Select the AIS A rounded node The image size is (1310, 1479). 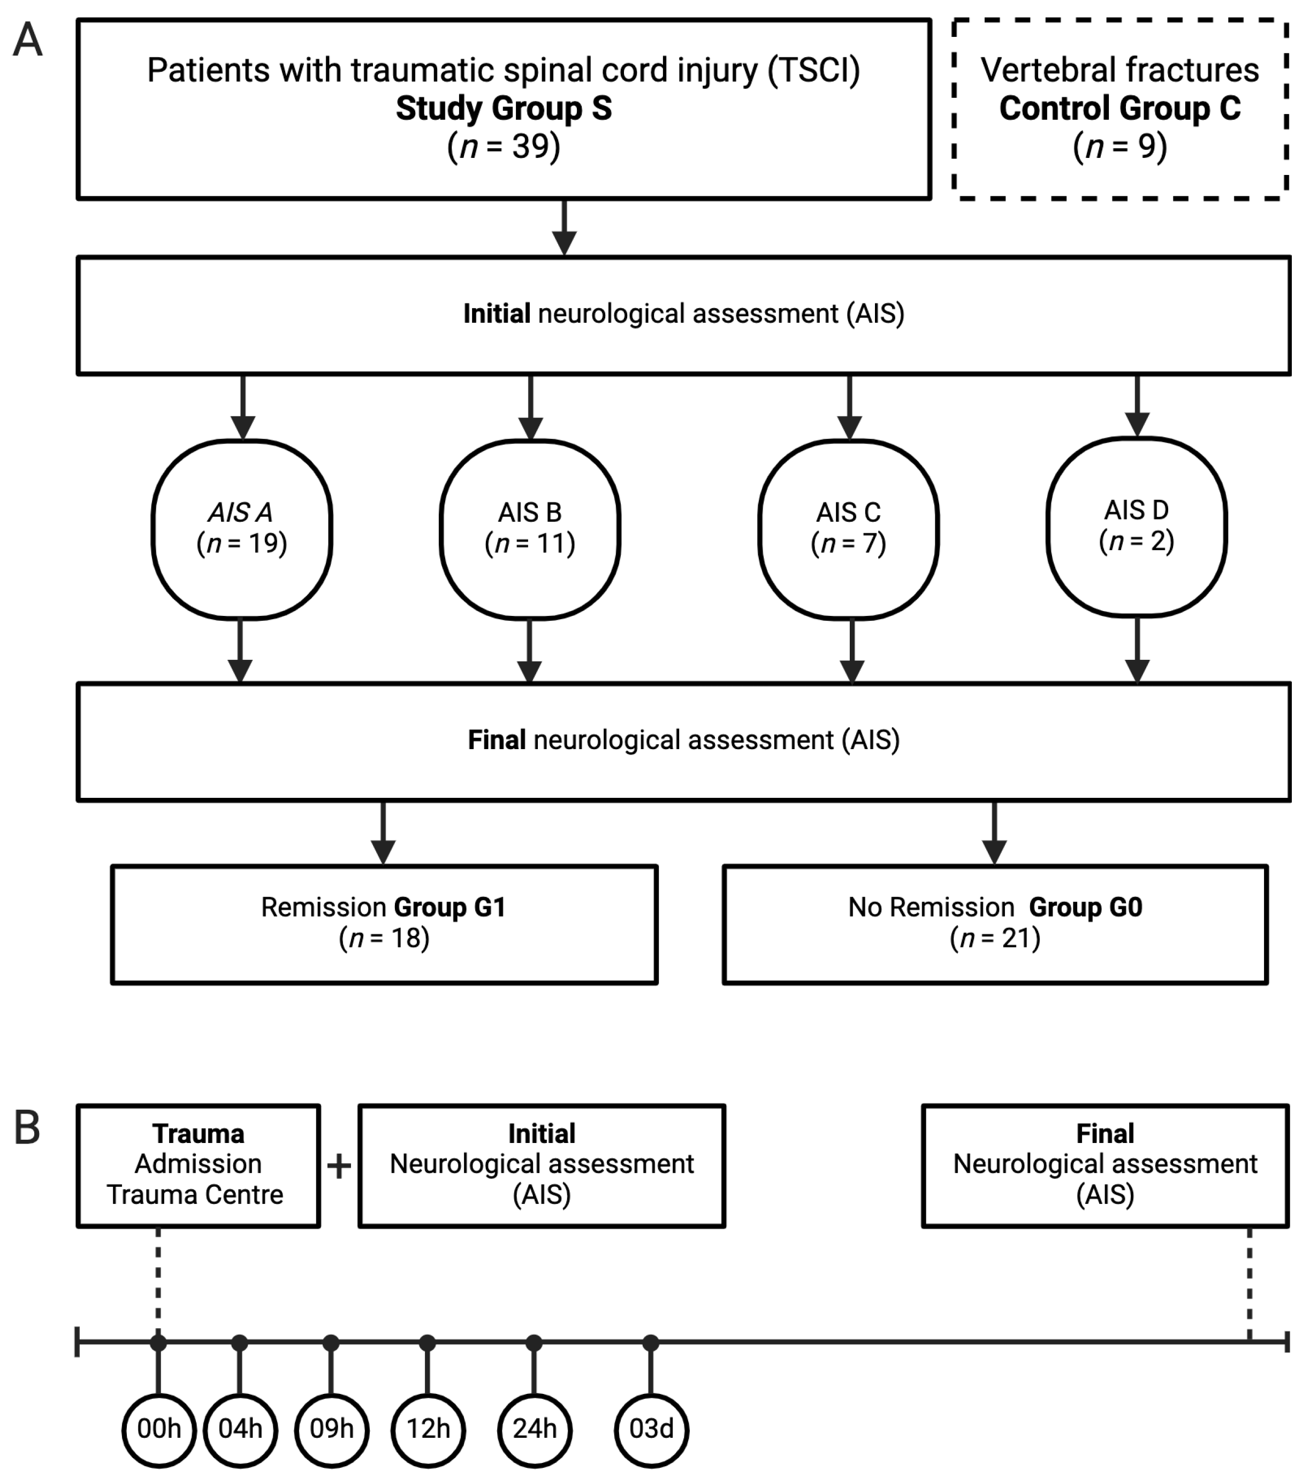[x=242, y=529]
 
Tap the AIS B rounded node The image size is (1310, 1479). [x=530, y=529]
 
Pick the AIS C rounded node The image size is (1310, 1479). [x=848, y=529]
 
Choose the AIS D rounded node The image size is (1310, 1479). [x=1136, y=527]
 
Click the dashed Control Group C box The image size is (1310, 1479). [x=1119, y=109]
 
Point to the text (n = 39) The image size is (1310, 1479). [x=504, y=147]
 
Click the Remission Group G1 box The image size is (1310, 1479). [x=384, y=924]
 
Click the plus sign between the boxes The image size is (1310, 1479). [x=339, y=1167]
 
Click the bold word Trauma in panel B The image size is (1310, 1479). [x=197, y=1134]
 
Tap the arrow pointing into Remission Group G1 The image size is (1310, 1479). [x=383, y=833]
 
